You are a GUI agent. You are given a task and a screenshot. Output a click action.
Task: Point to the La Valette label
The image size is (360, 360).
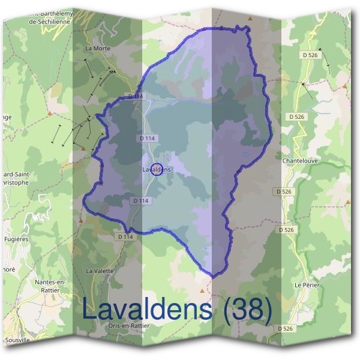point(100,271)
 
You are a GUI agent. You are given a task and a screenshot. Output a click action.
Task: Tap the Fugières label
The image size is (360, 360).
point(15,239)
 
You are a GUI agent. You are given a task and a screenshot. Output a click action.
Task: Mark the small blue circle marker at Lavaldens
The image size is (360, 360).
point(157,170)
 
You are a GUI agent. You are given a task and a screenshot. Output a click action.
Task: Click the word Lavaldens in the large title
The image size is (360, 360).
point(146,309)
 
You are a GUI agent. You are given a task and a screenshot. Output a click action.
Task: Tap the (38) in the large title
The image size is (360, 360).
point(246,309)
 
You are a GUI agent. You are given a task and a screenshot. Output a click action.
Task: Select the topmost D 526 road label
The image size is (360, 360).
point(311,55)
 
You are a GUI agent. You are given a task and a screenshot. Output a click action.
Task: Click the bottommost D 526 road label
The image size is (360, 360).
point(286,328)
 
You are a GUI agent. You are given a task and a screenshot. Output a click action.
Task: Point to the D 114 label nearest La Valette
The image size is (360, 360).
point(125,236)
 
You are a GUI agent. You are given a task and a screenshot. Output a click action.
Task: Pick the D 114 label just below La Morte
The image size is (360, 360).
point(137,96)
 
